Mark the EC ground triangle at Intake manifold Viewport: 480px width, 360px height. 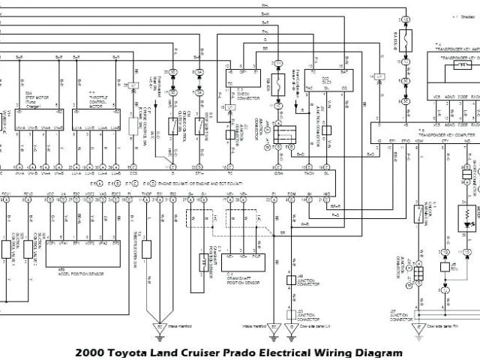[158, 327]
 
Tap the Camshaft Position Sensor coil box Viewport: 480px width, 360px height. [201, 262]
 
